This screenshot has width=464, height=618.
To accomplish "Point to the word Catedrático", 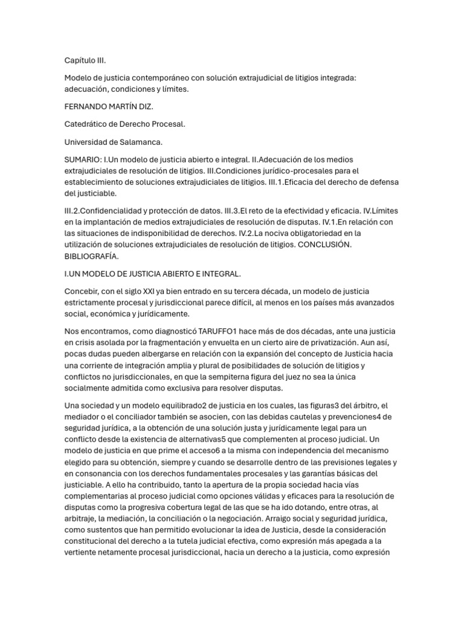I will point(89,124).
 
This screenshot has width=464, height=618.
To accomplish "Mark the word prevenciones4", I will point(355,417).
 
